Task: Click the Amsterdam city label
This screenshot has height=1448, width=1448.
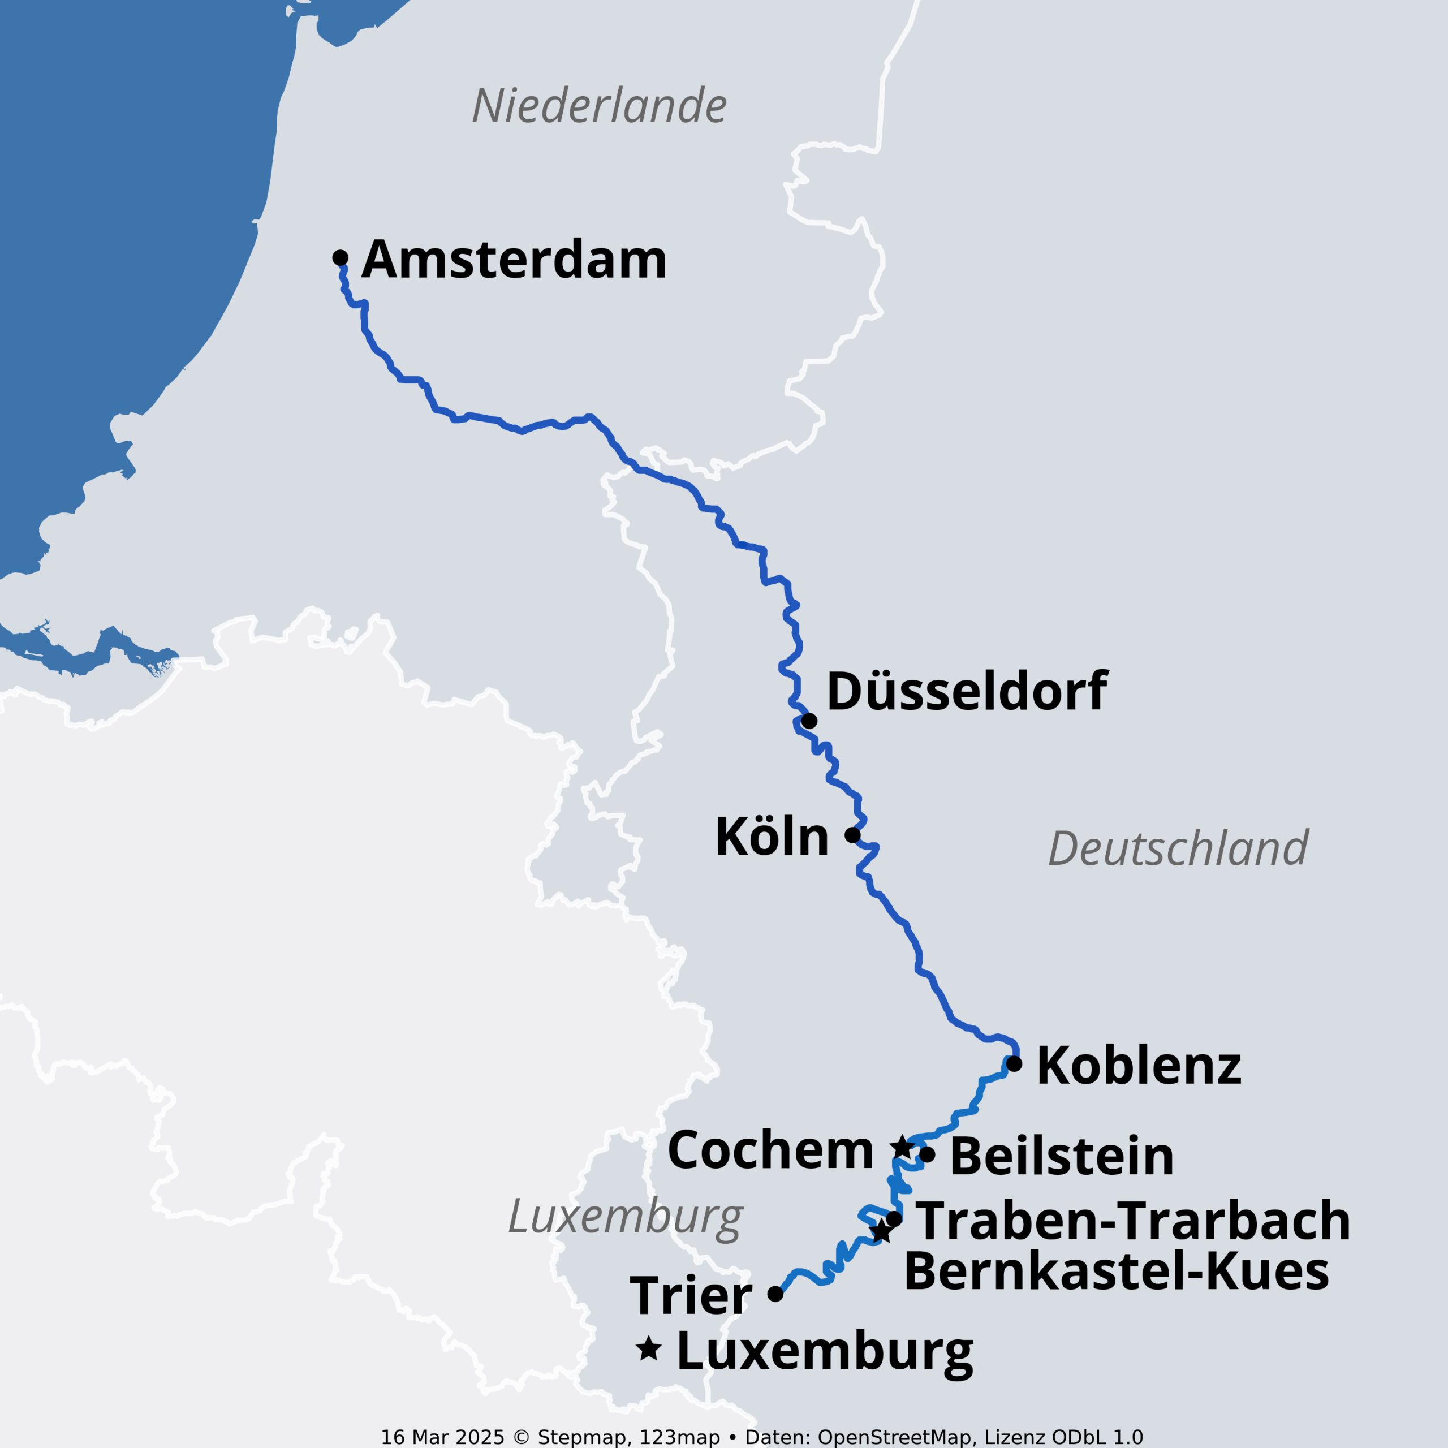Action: point(514,260)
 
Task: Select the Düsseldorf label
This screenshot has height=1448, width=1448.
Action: point(967,691)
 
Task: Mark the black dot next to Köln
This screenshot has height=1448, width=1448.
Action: point(852,834)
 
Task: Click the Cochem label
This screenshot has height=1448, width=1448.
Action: point(770,1150)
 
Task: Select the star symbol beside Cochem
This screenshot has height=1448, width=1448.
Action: point(902,1147)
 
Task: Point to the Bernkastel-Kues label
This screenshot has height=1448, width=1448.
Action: point(1117,1272)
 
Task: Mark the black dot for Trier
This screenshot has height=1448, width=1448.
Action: point(775,1294)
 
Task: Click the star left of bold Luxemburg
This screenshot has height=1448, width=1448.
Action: point(648,1349)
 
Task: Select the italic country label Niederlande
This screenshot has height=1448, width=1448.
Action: point(600,106)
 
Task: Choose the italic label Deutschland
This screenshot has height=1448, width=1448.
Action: point(1178,848)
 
